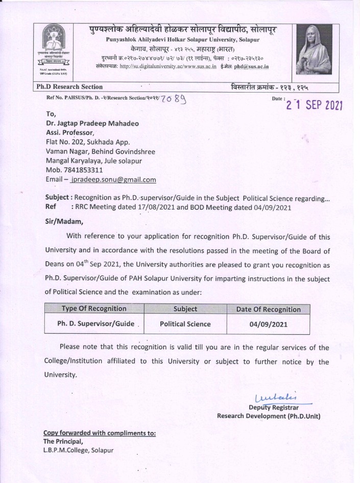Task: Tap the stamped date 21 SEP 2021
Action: (314, 105)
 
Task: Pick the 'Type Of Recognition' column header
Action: (93, 309)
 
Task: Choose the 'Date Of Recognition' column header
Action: (268, 309)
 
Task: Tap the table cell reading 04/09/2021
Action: (268, 324)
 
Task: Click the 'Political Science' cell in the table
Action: (185, 324)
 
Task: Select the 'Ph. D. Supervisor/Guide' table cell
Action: (95, 324)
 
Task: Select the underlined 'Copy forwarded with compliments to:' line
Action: (99, 433)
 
